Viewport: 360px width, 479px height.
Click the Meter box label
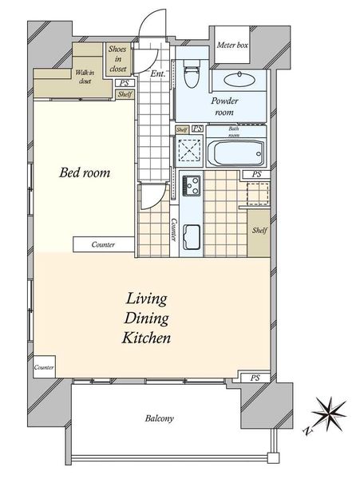[x=232, y=46]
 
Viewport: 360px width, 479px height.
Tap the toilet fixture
[x=192, y=73]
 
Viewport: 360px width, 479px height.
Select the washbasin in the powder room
[x=239, y=80]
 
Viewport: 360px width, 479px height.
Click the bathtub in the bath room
[x=235, y=153]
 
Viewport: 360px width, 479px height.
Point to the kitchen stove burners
[x=192, y=186]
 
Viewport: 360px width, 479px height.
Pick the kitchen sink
[x=192, y=237]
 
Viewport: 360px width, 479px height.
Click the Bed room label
[x=85, y=172]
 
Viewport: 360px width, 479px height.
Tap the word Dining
[x=146, y=319]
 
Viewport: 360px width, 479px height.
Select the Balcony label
[x=160, y=418]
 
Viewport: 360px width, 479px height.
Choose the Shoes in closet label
[x=118, y=59]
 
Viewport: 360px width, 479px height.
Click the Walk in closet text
[x=85, y=77]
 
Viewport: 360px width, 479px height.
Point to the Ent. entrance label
[x=158, y=73]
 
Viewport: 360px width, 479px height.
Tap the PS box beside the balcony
[x=255, y=378]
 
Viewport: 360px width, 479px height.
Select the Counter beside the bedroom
[x=104, y=244]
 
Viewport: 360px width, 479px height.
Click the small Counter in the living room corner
[x=44, y=367]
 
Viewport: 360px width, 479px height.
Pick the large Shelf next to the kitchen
[x=259, y=233]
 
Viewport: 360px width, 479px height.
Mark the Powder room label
[x=224, y=106]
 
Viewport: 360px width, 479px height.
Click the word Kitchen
[x=146, y=338]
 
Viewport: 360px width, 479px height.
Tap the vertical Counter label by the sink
[x=174, y=230]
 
